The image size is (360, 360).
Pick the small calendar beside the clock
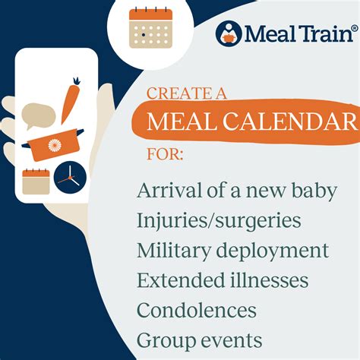coord(36,182)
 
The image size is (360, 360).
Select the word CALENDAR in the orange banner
coord(302,121)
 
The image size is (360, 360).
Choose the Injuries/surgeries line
coord(218,221)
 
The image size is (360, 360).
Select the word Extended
coord(175,280)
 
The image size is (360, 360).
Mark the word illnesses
coord(265,280)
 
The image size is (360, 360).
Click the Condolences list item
coord(196,310)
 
